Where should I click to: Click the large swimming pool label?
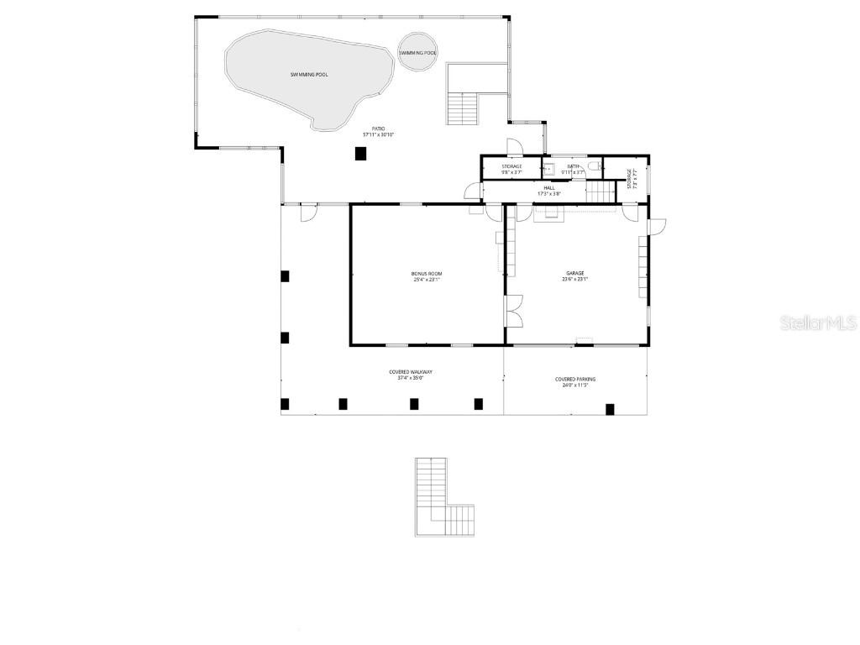(x=309, y=75)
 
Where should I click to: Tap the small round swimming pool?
(x=417, y=53)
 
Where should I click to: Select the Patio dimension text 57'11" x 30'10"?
(x=378, y=134)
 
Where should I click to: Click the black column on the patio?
(x=361, y=153)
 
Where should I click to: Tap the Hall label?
(x=548, y=188)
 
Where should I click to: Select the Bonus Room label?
(x=427, y=275)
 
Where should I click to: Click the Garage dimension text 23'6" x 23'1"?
(x=574, y=280)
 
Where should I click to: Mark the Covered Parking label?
(x=575, y=379)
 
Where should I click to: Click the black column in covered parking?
(x=610, y=409)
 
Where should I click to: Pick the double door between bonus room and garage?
(x=513, y=311)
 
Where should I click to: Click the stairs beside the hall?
(x=600, y=192)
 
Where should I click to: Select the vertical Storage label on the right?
(x=630, y=178)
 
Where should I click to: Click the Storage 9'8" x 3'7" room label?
(x=511, y=166)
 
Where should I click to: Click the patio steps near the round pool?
(x=462, y=108)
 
